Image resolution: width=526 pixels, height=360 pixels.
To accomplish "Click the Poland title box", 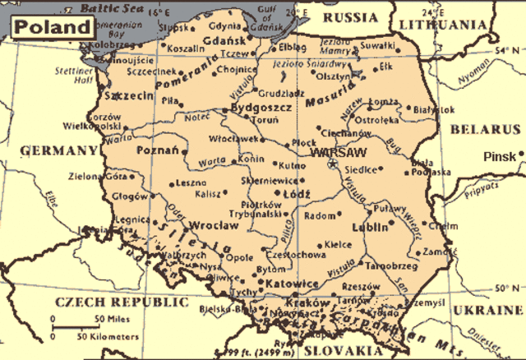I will tap(52, 25).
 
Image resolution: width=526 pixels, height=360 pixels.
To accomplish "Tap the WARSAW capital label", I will tap(336, 152).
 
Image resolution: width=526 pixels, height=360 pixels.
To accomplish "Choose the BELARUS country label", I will tap(484, 130).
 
